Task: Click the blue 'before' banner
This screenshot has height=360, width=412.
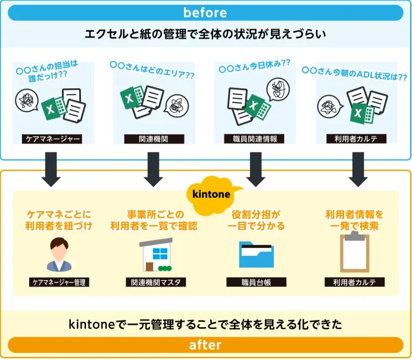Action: pos(205,12)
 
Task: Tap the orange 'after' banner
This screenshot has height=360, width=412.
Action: pos(205,345)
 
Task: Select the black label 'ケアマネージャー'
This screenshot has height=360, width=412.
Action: pos(51,139)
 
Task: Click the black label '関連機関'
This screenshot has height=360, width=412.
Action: pos(154,139)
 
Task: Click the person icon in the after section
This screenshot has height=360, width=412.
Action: pos(58,255)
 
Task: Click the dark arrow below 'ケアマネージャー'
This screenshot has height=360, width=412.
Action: pos(51,169)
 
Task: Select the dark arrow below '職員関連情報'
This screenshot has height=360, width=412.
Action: pos(255,169)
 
